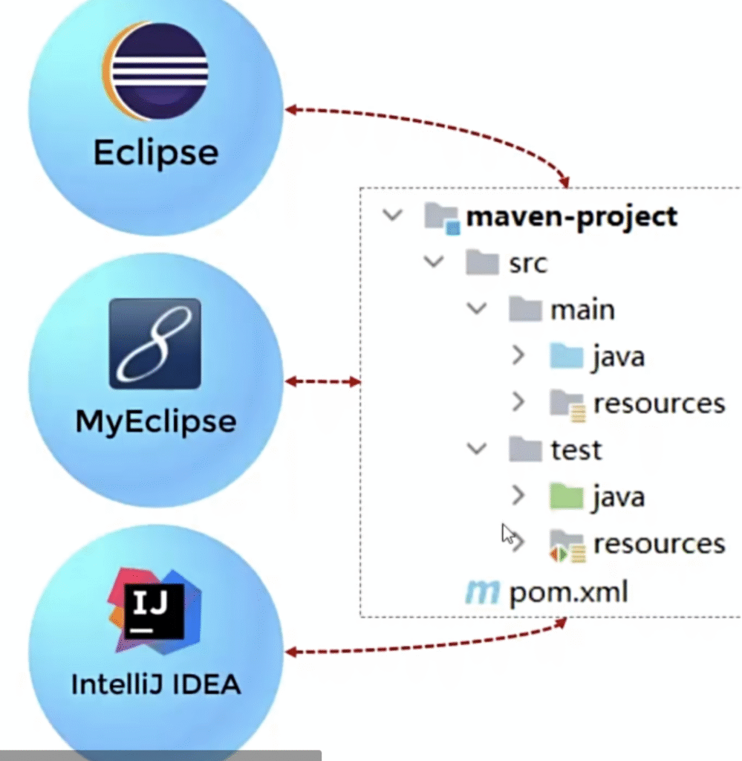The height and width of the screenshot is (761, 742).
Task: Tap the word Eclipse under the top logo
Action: (x=156, y=152)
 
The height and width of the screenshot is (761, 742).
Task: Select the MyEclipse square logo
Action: (x=154, y=343)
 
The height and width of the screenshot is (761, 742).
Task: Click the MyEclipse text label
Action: (x=156, y=421)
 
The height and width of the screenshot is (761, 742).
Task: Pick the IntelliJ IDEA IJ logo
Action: (x=154, y=610)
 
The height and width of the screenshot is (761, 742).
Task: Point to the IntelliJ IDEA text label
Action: (x=156, y=684)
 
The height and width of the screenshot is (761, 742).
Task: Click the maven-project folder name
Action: (x=571, y=216)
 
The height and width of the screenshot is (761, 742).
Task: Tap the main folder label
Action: (x=582, y=309)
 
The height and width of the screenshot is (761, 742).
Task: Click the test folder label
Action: (x=576, y=450)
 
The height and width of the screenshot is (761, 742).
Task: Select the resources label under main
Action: (x=659, y=403)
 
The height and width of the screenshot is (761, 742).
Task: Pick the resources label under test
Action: (x=659, y=543)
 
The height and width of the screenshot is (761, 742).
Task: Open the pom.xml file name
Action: (x=568, y=592)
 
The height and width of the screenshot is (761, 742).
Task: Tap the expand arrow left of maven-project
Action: (x=391, y=216)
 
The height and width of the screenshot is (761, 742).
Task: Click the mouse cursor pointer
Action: (x=508, y=534)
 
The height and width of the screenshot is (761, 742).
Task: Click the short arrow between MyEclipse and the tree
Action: (x=323, y=382)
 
